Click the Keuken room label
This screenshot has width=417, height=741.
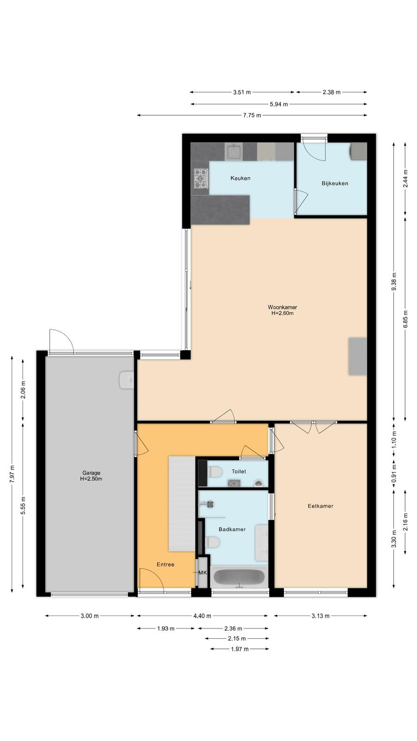(240, 178)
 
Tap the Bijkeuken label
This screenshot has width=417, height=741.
(335, 183)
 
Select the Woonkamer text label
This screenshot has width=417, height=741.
(282, 307)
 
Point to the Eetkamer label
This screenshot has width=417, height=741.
(320, 506)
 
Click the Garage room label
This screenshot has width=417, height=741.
(91, 473)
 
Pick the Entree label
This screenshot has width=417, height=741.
(165, 565)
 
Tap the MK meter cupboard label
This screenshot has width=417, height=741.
(202, 572)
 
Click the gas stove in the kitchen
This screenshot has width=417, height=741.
(201, 179)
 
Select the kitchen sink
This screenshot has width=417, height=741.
(234, 152)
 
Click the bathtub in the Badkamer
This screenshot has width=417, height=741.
(239, 577)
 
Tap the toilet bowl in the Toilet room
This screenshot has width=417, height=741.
(215, 471)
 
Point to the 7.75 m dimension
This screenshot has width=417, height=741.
(252, 115)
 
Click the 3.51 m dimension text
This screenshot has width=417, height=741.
(242, 92)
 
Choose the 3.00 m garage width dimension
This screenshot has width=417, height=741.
(90, 615)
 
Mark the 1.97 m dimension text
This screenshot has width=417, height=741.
(240, 649)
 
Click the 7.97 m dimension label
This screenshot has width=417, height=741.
(12, 474)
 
